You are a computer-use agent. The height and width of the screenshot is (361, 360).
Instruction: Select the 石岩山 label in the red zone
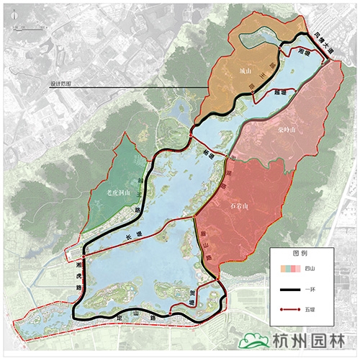point(238,207)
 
